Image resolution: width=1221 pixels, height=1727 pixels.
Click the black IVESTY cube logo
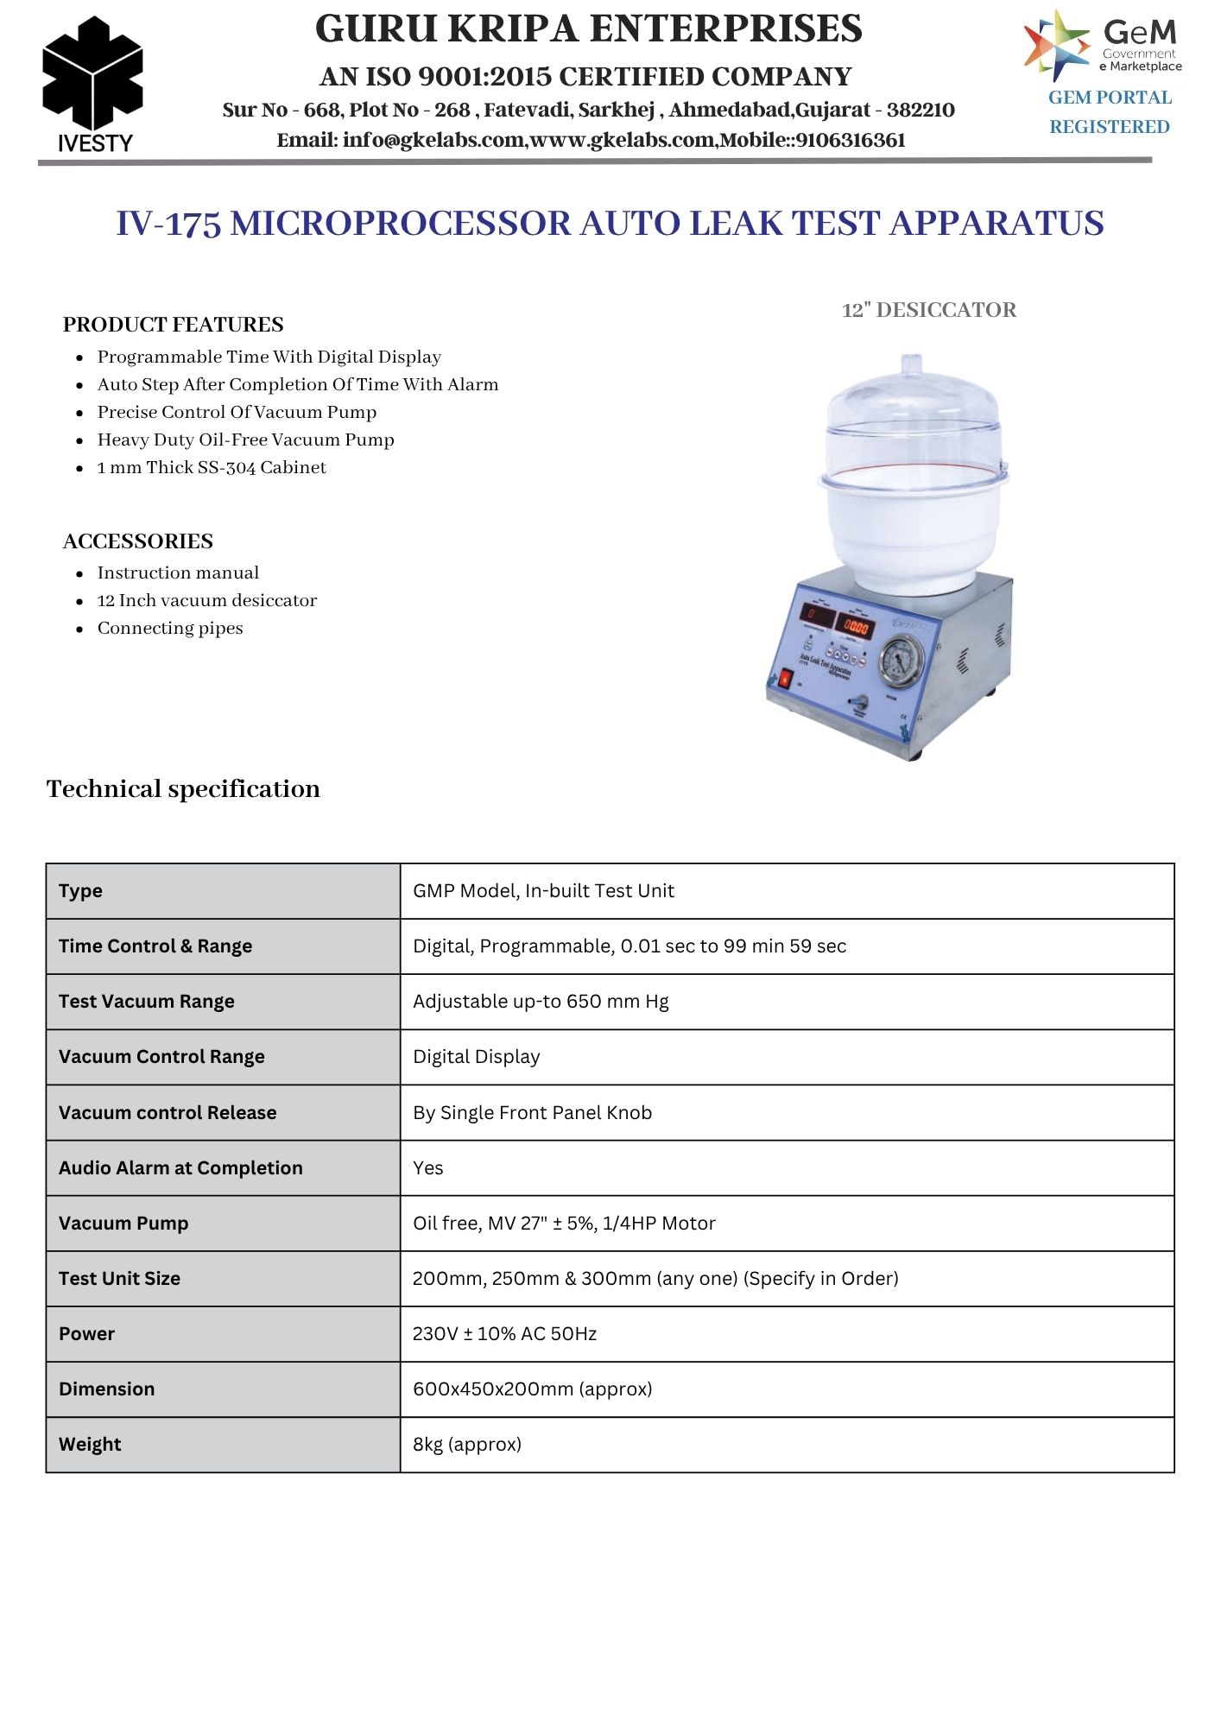pyautogui.click(x=92, y=74)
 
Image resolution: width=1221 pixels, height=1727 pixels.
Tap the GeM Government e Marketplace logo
pyautogui.click(x=1103, y=45)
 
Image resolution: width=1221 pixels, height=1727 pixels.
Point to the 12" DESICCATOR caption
pyautogui.click(x=928, y=310)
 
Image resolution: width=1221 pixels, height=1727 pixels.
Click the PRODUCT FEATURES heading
pyautogui.click(x=173, y=325)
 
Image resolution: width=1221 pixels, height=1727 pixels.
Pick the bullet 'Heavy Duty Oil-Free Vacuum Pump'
pyautogui.click(x=245, y=440)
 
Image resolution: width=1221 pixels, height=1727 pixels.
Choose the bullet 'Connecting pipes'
pyautogui.click(x=170, y=628)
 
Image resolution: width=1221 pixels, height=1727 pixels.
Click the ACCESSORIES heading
pyautogui.click(x=138, y=541)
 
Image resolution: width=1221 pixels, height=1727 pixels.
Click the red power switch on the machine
pyautogui.click(x=784, y=679)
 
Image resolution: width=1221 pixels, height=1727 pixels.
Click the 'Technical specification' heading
pyautogui.click(x=183, y=788)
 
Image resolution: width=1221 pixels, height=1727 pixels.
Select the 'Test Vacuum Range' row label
pyautogui.click(x=147, y=1002)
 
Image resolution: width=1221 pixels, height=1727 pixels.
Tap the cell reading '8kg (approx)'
pyautogui.click(x=467, y=1445)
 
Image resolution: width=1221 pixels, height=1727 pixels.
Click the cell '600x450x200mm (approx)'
pyautogui.click(x=532, y=1389)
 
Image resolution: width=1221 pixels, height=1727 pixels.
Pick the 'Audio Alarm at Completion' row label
pyautogui.click(x=180, y=1168)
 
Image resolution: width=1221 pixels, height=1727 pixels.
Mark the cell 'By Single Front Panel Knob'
pyautogui.click(x=532, y=1113)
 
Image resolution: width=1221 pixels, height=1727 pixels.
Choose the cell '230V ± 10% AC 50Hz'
pyautogui.click(x=504, y=1334)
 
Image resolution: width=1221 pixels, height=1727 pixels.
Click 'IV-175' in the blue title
pyautogui.click(x=168, y=224)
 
